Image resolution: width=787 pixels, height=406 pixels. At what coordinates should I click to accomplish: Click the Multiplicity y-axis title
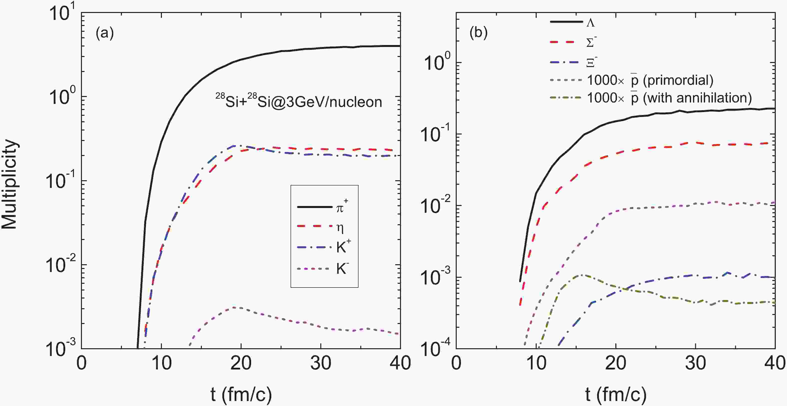10,184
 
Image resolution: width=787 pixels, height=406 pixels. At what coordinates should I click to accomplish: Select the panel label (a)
104,33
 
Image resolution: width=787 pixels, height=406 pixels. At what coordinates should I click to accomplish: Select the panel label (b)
478,33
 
